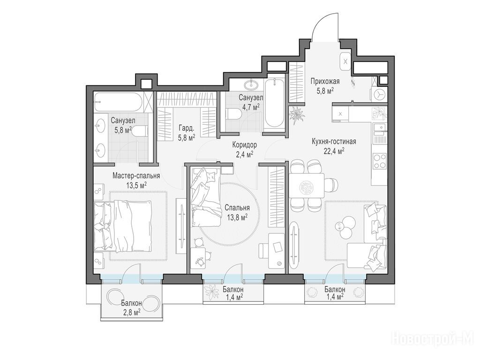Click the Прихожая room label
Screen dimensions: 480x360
click(x=325, y=82)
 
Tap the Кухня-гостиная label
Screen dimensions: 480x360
click(x=334, y=142)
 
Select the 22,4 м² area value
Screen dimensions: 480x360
click(x=334, y=150)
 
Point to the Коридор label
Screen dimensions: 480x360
click(x=244, y=145)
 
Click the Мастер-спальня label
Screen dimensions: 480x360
click(x=136, y=176)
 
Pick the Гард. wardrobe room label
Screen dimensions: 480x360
click(x=187, y=129)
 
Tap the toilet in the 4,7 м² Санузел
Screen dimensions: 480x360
click(x=234, y=114)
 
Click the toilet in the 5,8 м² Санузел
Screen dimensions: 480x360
click(x=140, y=132)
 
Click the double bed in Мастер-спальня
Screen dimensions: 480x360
click(x=123, y=226)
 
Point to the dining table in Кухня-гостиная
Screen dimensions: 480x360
click(x=307, y=186)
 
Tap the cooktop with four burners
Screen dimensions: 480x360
click(x=379, y=161)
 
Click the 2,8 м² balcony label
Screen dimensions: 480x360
click(x=131, y=307)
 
